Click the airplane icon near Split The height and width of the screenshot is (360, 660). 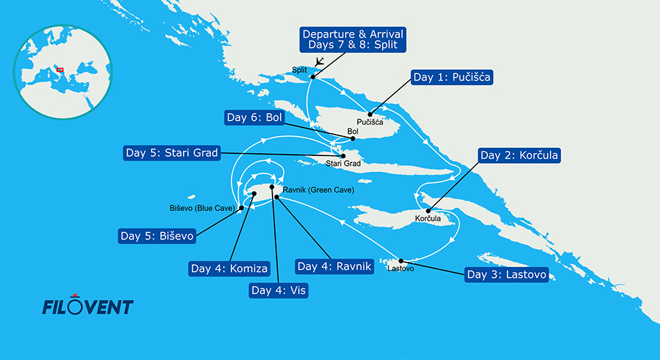(x=319, y=62)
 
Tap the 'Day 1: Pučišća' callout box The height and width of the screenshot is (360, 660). (x=452, y=77)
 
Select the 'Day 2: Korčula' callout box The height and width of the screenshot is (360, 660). (x=519, y=155)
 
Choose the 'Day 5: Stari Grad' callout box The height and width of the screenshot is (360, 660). (x=171, y=153)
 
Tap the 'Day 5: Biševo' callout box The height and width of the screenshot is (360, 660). (x=157, y=236)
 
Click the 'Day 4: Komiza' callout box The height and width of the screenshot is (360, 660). (x=229, y=268)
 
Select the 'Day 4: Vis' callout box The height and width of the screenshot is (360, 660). (x=278, y=290)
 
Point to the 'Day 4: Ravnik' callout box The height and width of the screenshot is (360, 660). (x=334, y=266)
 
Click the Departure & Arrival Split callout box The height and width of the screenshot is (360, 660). (x=352, y=40)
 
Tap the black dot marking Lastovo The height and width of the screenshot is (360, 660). (x=401, y=261)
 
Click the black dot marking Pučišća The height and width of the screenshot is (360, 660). (x=370, y=114)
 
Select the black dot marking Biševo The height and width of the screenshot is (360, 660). (x=240, y=207)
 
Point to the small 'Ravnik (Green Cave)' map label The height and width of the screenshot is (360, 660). (x=319, y=189)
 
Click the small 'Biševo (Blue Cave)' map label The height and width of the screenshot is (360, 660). (x=202, y=207)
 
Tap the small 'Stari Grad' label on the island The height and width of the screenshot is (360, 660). (x=342, y=164)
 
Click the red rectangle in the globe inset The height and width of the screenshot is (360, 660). (x=60, y=69)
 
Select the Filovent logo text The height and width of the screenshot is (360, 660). (x=87, y=306)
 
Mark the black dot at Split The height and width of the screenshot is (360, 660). (x=312, y=77)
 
